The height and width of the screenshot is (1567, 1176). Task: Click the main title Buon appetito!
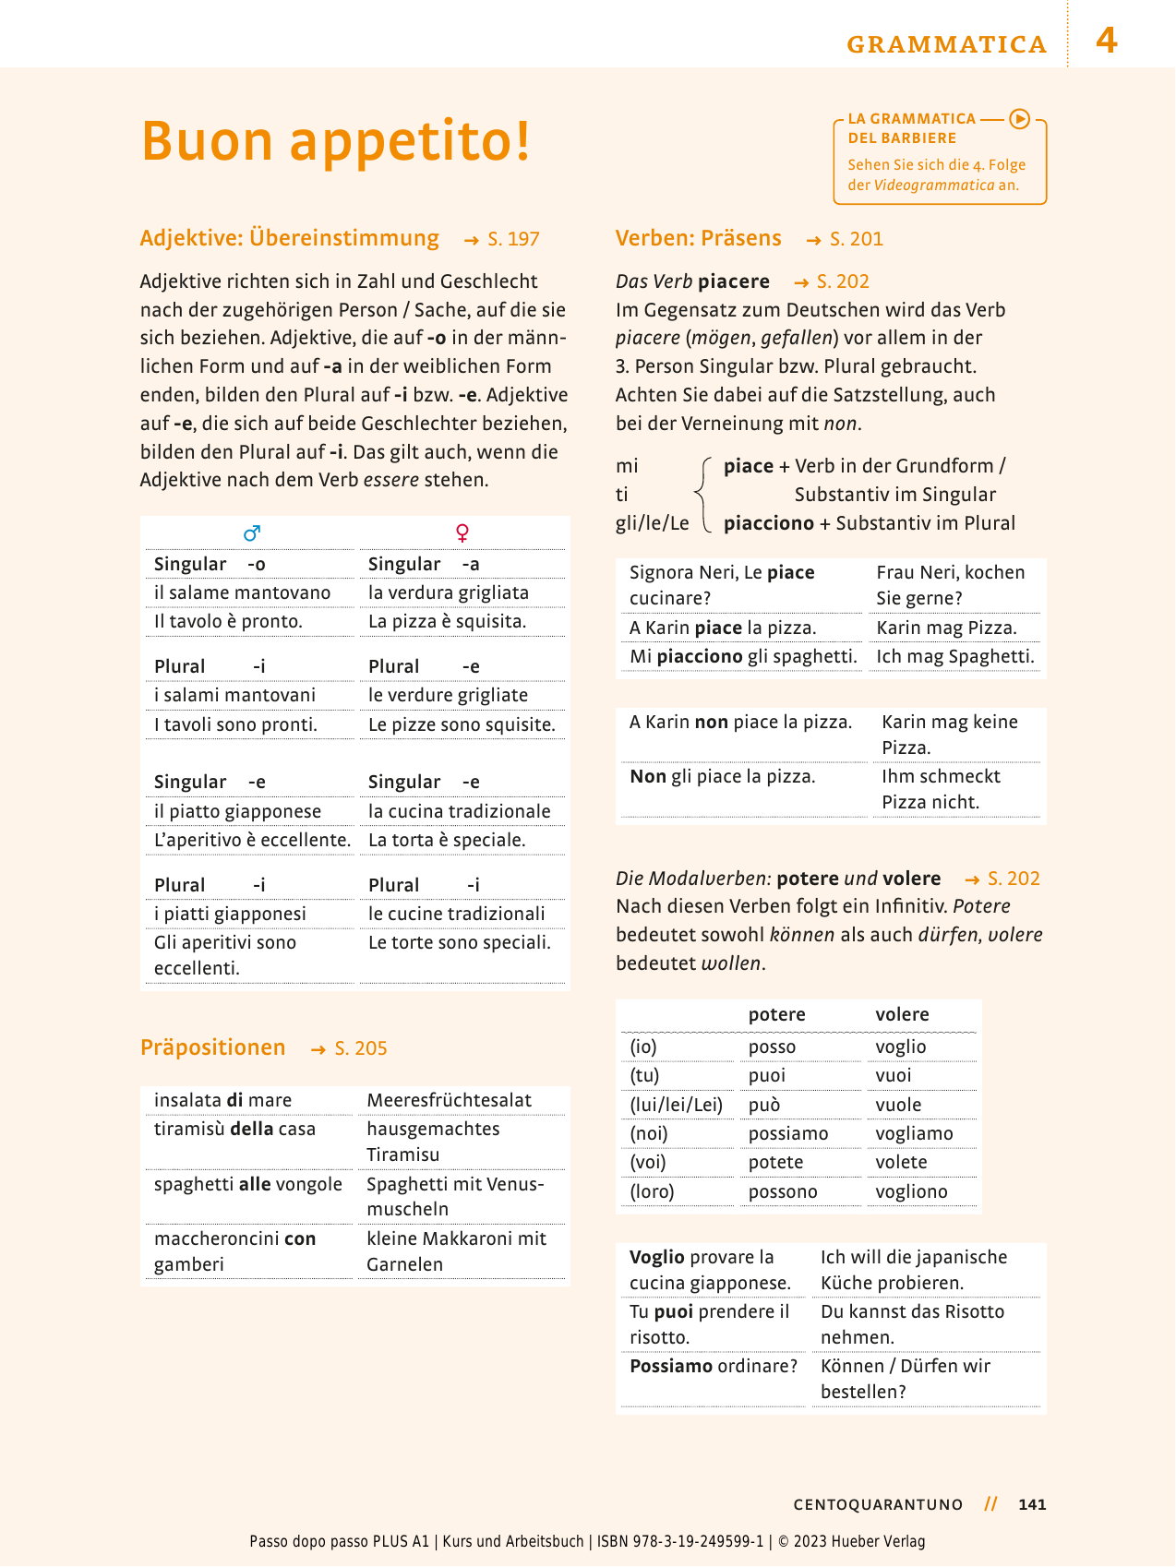pyautogui.click(x=336, y=141)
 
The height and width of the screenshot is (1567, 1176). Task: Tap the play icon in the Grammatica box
pyautogui.click(x=1019, y=118)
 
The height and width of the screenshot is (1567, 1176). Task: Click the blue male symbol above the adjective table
pyautogui.click(x=251, y=532)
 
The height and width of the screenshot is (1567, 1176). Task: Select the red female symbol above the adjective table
pyautogui.click(x=462, y=532)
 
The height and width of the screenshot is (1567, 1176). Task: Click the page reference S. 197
pyautogui.click(x=513, y=239)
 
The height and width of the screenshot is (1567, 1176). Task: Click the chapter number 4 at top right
pyautogui.click(x=1106, y=41)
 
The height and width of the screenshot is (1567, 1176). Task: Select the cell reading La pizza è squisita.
pyautogui.click(x=447, y=621)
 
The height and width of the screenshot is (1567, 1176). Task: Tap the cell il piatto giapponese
pyautogui.click(x=237, y=811)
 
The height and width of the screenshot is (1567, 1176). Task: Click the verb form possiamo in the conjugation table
pyautogui.click(x=787, y=1133)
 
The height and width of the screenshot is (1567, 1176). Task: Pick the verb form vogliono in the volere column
pyautogui.click(x=911, y=1191)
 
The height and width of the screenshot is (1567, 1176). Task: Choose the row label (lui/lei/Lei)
pyautogui.click(x=676, y=1105)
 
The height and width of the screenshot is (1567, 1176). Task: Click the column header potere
pyautogui.click(x=776, y=1014)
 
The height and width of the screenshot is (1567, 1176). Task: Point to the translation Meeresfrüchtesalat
pyautogui.click(x=449, y=1100)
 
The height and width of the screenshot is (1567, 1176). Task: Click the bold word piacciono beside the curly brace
pyautogui.click(x=768, y=523)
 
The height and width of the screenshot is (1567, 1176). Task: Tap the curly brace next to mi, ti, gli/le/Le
pyautogui.click(x=704, y=495)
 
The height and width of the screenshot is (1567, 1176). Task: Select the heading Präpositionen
pyautogui.click(x=212, y=1047)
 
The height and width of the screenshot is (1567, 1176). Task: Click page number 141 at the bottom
pyautogui.click(x=1031, y=1504)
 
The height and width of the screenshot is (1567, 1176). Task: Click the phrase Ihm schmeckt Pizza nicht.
pyautogui.click(x=941, y=789)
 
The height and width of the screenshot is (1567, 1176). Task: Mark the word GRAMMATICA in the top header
pyautogui.click(x=946, y=44)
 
